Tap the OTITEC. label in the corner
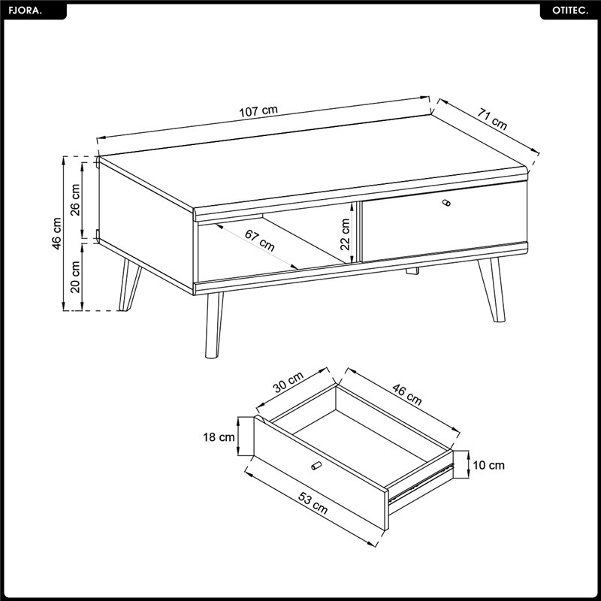pyautogui.click(x=570, y=11)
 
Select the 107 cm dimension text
pyautogui.click(x=258, y=111)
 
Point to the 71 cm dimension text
pyautogui.click(x=492, y=119)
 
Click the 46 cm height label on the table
pyautogui.click(x=57, y=234)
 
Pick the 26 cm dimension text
pyautogui.click(x=76, y=200)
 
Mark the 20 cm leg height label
pyautogui.click(x=76, y=276)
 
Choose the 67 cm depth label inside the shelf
pyautogui.click(x=260, y=240)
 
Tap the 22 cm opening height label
pyautogui.click(x=346, y=234)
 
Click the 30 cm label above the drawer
pyautogui.click(x=288, y=382)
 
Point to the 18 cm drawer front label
pyautogui.click(x=219, y=436)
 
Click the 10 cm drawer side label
pyautogui.click(x=489, y=465)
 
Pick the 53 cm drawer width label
pyautogui.click(x=313, y=503)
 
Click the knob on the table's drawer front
pyautogui.click(x=446, y=203)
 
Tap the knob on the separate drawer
pyautogui.click(x=316, y=465)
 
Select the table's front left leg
pyautogui.click(x=213, y=325)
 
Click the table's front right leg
pyautogui.click(x=492, y=290)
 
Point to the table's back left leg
pyautogui.click(x=129, y=285)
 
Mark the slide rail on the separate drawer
pyautogui.click(x=421, y=483)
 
